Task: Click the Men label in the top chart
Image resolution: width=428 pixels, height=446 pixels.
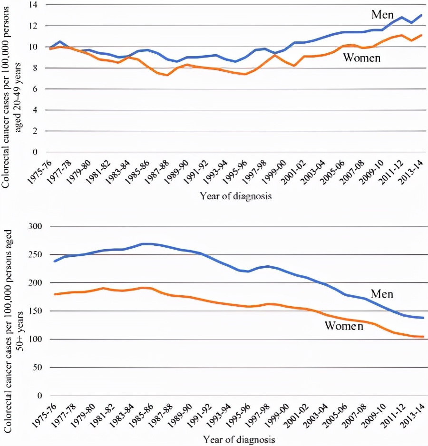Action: tap(382, 14)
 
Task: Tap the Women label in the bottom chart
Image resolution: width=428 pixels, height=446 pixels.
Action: tap(344, 326)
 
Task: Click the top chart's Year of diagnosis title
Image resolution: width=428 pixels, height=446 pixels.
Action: tap(235, 196)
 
